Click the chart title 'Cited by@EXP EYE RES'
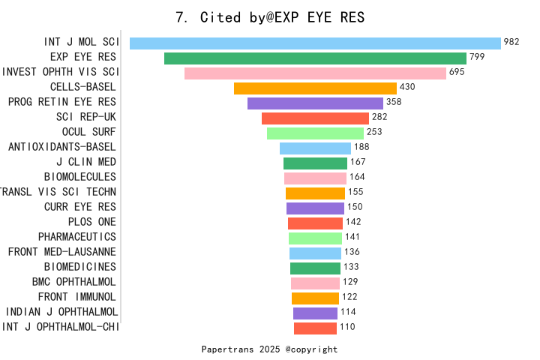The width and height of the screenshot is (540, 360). [270, 17]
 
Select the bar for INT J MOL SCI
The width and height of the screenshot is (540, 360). [315, 43]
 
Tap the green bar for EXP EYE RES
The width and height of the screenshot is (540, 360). [315, 58]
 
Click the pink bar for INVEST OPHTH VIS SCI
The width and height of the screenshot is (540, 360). [315, 73]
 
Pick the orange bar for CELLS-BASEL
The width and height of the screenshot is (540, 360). [315, 88]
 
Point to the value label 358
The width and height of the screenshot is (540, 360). [394, 102]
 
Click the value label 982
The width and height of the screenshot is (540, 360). [511, 42]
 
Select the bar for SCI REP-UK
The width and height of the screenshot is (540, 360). [315, 118]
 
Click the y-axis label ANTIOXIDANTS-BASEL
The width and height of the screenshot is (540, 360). [62, 147]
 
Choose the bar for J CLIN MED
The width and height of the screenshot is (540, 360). [315, 163]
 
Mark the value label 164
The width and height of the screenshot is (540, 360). [357, 177]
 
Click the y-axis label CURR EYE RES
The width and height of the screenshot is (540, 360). [80, 207]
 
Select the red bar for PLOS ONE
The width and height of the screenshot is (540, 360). [315, 223]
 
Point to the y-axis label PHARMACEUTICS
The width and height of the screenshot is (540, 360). [77, 237]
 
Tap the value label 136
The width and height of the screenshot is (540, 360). [352, 252]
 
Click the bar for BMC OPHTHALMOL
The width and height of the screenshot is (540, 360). [315, 283]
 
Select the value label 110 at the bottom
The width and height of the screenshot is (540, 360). [347, 327]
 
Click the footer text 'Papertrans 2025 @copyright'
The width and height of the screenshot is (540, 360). [270, 349]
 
